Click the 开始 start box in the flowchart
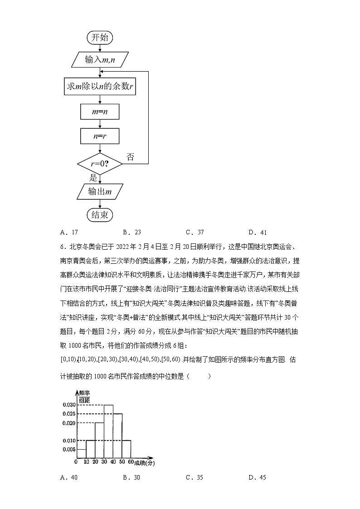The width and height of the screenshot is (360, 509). click(100, 38)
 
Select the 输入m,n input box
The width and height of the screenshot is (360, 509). click(100, 59)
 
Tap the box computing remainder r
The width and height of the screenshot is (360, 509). click(100, 87)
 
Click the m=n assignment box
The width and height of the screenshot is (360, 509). click(99, 111)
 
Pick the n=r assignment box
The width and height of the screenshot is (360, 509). click(99, 136)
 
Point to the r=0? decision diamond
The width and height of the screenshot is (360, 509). click(100, 163)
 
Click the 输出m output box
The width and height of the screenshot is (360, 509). click(100, 192)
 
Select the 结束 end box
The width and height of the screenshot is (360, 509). click(100, 215)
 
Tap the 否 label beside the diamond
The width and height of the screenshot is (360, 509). click(130, 157)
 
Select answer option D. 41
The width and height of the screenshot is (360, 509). click(258, 233)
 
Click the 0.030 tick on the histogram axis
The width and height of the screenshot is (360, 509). click(68, 405)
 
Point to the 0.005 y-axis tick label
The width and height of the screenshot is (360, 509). click(68, 449)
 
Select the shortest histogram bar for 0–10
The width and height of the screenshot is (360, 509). click(82, 453)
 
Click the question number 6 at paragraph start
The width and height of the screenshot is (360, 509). click(62, 247)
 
